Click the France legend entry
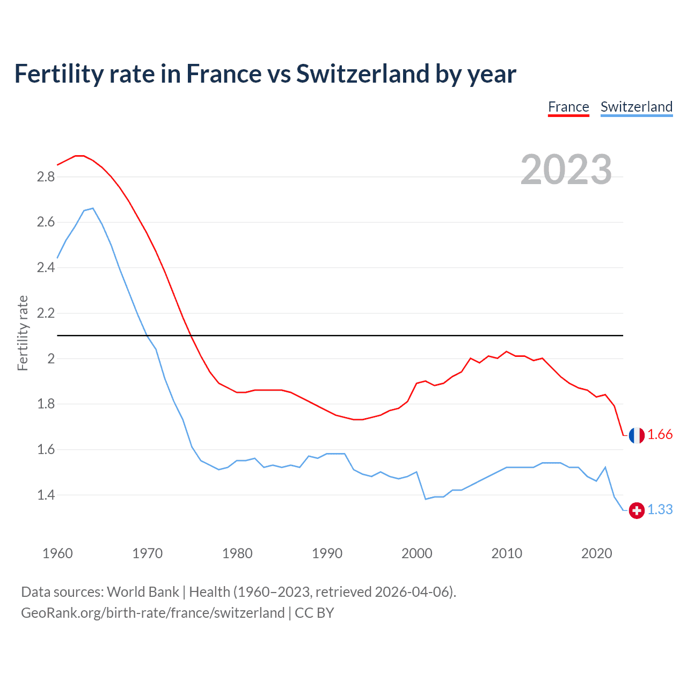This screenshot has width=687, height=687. [x=568, y=107]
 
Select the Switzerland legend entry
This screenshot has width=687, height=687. [x=636, y=107]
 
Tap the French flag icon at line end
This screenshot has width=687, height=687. [x=637, y=435]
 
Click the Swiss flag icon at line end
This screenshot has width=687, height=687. [x=637, y=510]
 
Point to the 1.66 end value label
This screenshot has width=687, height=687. [x=660, y=435]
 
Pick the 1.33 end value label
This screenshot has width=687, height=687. [x=660, y=510]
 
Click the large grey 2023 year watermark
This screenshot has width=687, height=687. [x=566, y=170]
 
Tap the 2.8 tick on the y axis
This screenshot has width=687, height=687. [x=46, y=177]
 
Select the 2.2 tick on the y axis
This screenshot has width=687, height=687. [x=46, y=313]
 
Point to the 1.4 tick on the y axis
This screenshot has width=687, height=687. [x=46, y=495]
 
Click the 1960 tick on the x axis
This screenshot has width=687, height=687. [x=57, y=553]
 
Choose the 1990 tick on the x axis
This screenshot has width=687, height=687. [x=327, y=553]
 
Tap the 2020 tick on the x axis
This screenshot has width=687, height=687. [x=596, y=553]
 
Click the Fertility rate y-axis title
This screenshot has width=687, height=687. [x=23, y=333]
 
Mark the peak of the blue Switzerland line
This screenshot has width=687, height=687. [x=93, y=208]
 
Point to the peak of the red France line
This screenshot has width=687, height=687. [x=79, y=156]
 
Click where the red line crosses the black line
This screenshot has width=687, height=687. [x=191, y=335]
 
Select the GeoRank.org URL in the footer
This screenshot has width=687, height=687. [x=152, y=613]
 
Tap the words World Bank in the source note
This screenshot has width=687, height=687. [x=143, y=592]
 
